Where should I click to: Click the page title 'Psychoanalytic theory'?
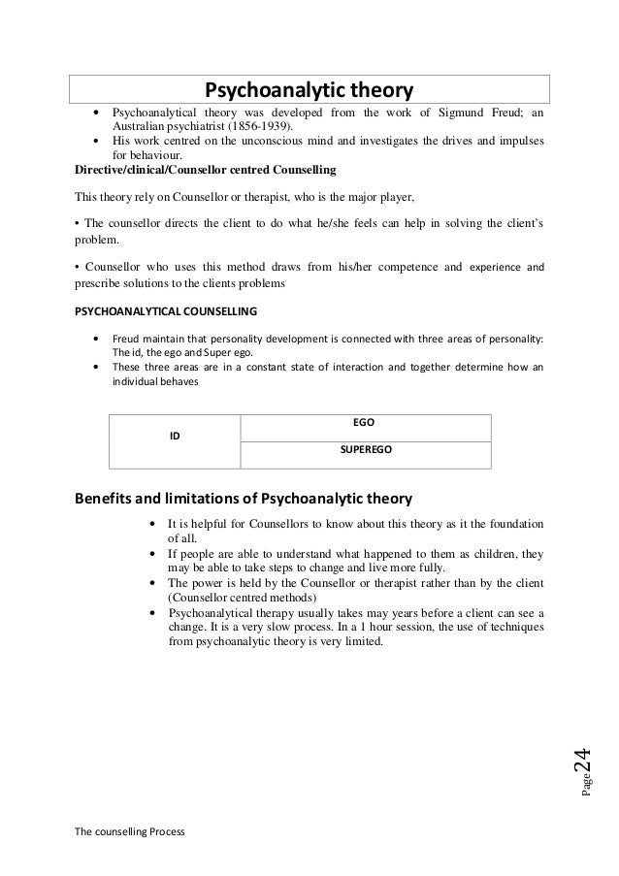(x=308, y=91)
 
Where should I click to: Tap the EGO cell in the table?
(x=364, y=423)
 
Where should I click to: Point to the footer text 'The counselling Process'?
(x=129, y=832)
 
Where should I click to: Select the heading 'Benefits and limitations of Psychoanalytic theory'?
(x=244, y=500)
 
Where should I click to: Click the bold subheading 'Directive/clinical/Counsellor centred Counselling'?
(x=206, y=170)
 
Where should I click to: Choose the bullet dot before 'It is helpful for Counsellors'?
(x=155, y=526)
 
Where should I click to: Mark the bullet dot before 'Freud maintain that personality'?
(x=94, y=339)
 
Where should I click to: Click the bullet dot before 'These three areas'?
(x=94, y=368)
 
